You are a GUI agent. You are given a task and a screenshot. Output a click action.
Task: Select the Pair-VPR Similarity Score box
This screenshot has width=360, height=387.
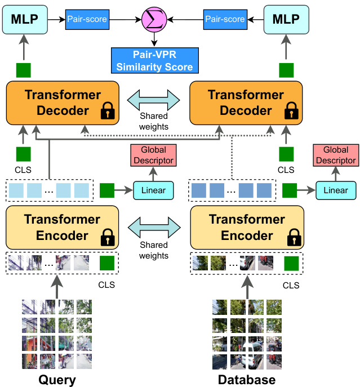click(x=155, y=60)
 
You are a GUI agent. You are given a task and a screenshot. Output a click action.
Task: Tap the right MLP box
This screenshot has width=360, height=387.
click(x=286, y=19)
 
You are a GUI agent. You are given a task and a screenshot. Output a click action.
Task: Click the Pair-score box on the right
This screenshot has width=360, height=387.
click(x=225, y=19)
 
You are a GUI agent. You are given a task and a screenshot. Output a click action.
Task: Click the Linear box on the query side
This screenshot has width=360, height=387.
click(x=153, y=190)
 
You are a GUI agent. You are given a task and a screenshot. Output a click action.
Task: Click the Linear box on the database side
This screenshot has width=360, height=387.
click(x=336, y=190)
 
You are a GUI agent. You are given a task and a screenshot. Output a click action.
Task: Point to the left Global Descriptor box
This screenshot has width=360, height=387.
click(x=153, y=155)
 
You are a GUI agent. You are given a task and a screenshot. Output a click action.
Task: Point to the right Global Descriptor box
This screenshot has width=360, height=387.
click(x=336, y=155)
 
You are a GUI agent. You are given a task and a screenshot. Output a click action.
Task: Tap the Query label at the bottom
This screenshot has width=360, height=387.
click(x=57, y=379)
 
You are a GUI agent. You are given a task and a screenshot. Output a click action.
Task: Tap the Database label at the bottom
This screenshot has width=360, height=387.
click(x=247, y=379)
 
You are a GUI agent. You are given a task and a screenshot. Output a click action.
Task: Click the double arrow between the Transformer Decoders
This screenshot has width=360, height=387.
click(x=154, y=100)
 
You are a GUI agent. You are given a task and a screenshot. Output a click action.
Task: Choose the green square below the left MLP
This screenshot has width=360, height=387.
click(x=23, y=70)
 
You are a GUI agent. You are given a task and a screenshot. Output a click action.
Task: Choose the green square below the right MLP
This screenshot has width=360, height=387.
click(x=286, y=70)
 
